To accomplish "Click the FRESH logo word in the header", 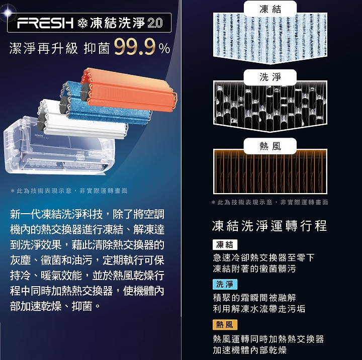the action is point(45,23).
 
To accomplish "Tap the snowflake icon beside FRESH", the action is point(82,23).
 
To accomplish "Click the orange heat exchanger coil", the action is point(128,90).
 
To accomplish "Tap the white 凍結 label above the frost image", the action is point(270,9).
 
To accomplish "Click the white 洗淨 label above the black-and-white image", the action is point(270,77).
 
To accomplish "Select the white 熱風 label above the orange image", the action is point(270,146).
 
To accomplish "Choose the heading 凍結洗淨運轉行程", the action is point(269,226).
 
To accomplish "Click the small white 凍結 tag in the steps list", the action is point(225,244).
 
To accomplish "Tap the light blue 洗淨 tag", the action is point(225,284).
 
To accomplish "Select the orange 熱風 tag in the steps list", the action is point(225,325).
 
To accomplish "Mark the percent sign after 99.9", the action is point(164,49).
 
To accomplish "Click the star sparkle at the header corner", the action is point(8,13).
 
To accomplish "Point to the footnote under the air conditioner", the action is point(69,191).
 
